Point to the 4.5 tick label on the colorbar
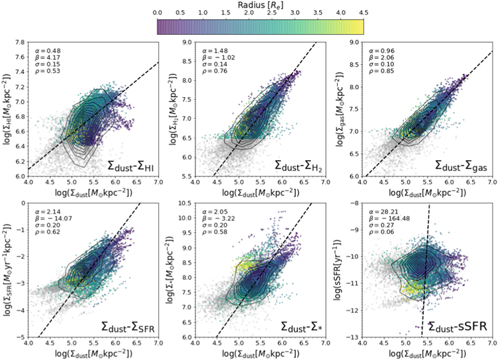pyautogui.click(x=363, y=13)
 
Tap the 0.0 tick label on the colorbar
pyautogui.click(x=158, y=13)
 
